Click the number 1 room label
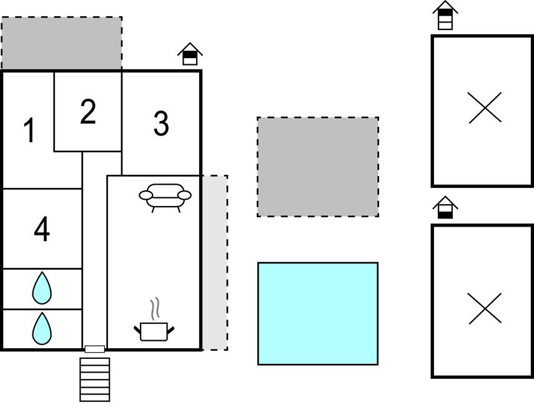29,131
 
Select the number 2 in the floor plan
88,112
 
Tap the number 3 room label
161,124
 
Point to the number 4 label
42,230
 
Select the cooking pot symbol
154,331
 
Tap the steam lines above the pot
156,308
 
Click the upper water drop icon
42,288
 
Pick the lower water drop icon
42,328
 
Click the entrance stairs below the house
95,379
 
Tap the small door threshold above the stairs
95,350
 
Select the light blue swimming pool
318,313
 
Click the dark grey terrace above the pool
318,167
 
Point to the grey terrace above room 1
61,44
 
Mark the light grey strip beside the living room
214,263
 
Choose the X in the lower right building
485,308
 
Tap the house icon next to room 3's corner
190,54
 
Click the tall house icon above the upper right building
445,16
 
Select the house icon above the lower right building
445,208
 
